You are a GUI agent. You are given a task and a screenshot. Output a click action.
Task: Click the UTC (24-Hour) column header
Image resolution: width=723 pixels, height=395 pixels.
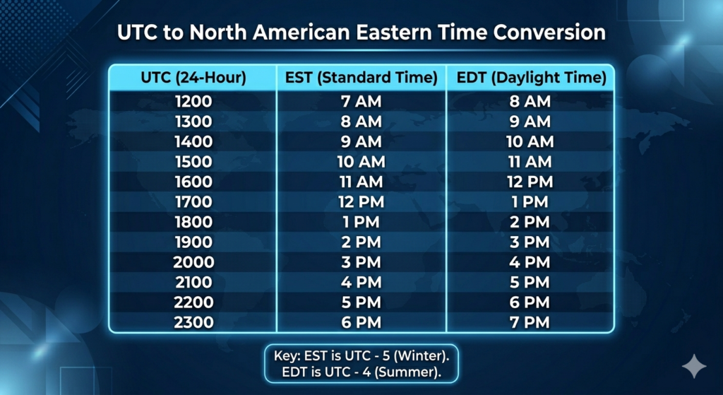coord(193,78)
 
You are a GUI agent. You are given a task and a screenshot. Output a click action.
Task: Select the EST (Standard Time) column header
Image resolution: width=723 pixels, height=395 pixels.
coord(361,78)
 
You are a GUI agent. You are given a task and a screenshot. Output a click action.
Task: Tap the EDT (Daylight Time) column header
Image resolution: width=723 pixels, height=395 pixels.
coord(531,78)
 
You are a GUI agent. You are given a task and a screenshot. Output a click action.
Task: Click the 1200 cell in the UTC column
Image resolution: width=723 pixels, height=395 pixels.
coord(193,101)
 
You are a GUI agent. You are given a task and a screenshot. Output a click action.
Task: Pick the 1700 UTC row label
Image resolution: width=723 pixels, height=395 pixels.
coord(193,201)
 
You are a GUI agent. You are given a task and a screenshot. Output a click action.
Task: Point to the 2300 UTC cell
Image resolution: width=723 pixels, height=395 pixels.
coord(193,322)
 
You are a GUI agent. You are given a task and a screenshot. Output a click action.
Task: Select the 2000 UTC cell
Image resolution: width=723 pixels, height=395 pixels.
coord(193,262)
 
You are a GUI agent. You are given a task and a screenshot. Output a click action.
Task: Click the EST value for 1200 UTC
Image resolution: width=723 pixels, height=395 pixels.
coord(361,101)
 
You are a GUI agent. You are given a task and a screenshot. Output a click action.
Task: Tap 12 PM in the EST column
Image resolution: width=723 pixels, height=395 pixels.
coord(361,201)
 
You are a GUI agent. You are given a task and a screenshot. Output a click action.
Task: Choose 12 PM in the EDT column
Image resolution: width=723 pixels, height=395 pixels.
coord(530,182)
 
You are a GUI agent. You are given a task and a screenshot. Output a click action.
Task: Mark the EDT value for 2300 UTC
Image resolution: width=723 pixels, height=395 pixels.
coord(530,322)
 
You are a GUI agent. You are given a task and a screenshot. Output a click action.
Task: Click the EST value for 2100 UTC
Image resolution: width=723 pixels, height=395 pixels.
coord(361,282)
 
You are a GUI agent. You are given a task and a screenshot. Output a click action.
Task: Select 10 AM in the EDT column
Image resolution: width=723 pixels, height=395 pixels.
coord(530,141)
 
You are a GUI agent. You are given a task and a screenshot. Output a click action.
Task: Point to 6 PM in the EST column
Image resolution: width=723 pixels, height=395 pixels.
coord(361,322)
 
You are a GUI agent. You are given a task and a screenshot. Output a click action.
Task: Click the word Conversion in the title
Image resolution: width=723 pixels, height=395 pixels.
coord(549,33)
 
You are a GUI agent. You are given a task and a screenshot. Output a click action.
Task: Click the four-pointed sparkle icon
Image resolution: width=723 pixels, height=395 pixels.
coord(694,367)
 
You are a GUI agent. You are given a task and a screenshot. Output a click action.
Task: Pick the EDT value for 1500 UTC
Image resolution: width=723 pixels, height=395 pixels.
coord(530,162)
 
